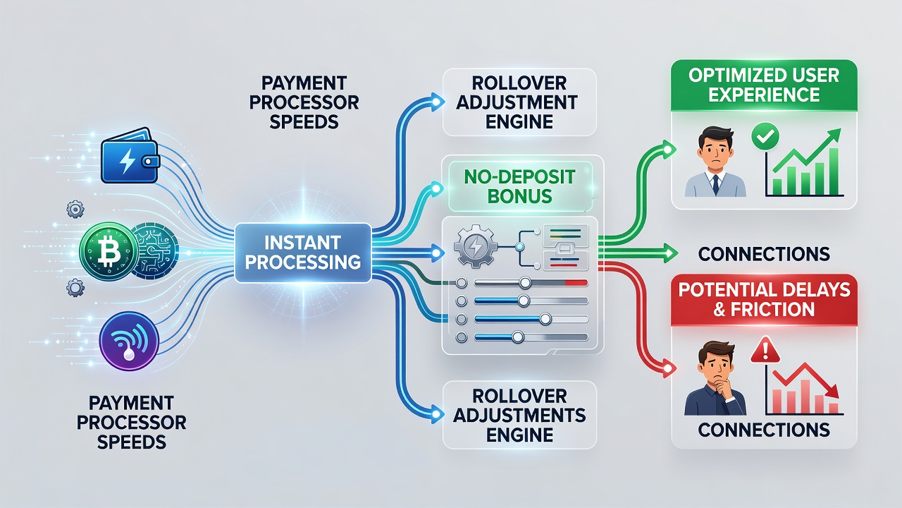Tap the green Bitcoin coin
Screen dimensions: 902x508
[109, 250]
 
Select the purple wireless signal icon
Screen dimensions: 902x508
[129, 341]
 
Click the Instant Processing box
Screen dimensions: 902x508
[303, 253]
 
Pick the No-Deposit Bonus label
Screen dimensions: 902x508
[519, 187]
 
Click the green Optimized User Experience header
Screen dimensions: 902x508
[764, 85]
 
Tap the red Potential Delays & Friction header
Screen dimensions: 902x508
[764, 300]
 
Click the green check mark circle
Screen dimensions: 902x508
[765, 136]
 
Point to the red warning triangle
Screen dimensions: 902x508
[765, 350]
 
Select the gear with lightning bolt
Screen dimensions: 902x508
[476, 246]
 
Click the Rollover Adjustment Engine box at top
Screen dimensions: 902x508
[519, 102]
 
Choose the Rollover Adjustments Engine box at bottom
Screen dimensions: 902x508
[519, 416]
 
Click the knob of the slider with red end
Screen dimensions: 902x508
[525, 283]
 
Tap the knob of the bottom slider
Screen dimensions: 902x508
[517, 337]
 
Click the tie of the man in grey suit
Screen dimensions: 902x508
[715, 185]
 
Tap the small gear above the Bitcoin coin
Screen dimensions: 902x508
[75, 210]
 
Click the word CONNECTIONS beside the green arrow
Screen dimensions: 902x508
[764, 253]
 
